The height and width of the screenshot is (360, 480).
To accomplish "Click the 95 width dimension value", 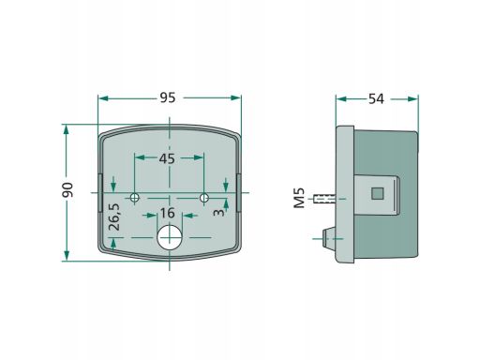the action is (168, 97).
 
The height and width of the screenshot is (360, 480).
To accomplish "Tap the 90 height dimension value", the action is (67, 189).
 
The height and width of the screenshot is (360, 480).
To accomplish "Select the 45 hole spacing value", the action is (167, 158).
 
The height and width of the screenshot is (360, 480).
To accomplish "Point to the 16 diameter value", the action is (168, 213).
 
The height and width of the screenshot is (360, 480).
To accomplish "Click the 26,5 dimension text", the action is (114, 217).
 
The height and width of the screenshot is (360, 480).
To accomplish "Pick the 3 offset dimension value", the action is (218, 213).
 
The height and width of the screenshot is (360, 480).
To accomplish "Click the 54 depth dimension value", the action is (376, 98).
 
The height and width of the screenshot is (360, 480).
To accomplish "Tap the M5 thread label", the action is (299, 198).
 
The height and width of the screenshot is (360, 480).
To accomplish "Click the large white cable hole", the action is (170, 237).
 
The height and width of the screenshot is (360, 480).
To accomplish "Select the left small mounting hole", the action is (135, 198).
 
